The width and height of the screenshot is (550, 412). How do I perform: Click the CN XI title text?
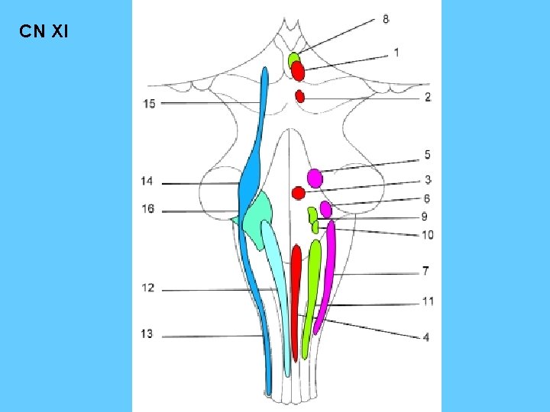[44, 33]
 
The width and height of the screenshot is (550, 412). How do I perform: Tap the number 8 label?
[386, 19]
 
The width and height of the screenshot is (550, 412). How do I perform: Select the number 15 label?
[149, 104]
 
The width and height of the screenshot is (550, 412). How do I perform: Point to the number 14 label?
[147, 181]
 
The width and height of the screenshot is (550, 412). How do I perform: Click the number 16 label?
[147, 209]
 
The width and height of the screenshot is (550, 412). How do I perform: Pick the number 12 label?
[147, 288]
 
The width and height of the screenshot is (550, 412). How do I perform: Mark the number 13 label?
[147, 334]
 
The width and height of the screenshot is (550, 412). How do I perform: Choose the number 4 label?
[426, 336]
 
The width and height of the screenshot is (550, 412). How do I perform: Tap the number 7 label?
[425, 271]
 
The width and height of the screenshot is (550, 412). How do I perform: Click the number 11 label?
[428, 301]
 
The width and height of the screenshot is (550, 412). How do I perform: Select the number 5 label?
[428, 155]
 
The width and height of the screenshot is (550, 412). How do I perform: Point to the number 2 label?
[428, 97]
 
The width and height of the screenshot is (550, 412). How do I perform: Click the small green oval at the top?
[293, 58]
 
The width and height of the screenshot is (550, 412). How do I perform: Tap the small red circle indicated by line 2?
[300, 96]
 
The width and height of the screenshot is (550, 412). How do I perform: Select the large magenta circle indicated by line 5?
[315, 178]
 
